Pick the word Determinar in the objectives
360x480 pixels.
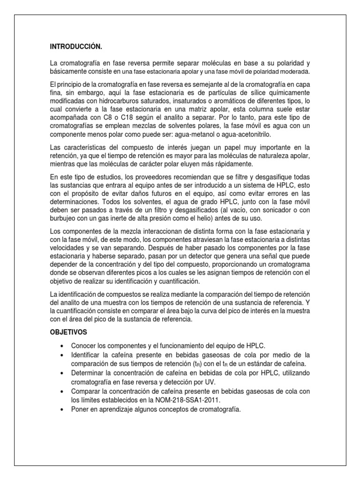[89, 373]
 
